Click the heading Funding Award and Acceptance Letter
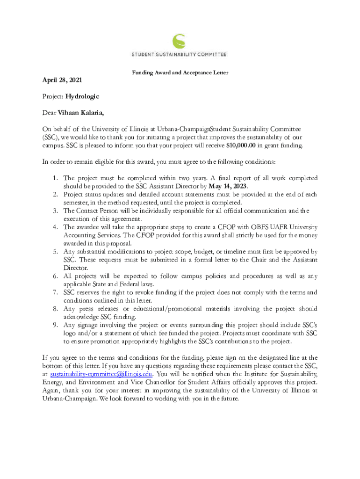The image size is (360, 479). [180, 73]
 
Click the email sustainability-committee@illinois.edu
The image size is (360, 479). [101, 374]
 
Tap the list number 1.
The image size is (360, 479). [55, 178]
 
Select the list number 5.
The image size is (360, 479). [55, 252]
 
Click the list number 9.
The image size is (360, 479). [55, 325]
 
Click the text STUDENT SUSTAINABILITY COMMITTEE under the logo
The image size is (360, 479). [178, 55]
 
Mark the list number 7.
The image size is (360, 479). [55, 292]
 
